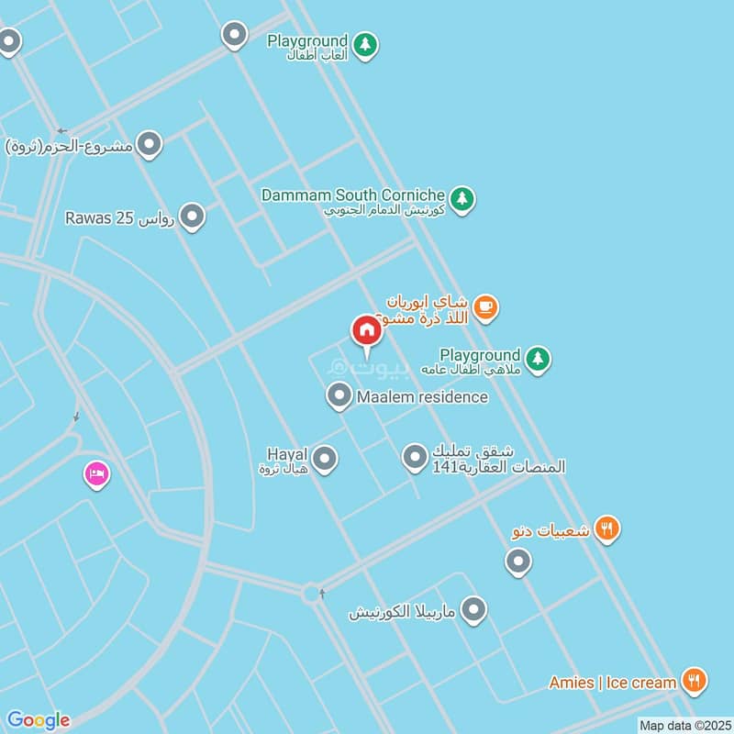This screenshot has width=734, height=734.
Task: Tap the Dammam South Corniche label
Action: click(353, 195)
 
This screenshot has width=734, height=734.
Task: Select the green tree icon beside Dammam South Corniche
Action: click(462, 197)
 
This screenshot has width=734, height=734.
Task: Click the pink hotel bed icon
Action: click(95, 474)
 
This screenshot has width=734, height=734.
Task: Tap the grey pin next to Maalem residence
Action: click(339, 396)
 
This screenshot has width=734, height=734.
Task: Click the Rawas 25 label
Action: click(119, 217)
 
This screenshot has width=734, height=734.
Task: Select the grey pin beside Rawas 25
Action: click(192, 217)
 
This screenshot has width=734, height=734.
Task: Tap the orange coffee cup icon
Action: click(486, 308)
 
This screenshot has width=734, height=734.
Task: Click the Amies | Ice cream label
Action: click(613, 682)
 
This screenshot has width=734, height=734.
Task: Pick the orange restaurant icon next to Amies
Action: click(695, 681)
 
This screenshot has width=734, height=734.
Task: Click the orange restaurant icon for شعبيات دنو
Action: click(606, 528)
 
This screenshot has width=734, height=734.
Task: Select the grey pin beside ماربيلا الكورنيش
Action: click(473, 609)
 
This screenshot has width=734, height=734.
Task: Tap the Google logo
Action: click(38, 720)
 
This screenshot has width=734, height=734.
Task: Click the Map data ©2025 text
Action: click(684, 725)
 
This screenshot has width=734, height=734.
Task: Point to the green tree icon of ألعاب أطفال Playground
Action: click(366, 44)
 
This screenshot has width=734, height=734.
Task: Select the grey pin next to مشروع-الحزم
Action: click(149, 144)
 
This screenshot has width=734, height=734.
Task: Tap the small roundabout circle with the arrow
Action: click(311, 594)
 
